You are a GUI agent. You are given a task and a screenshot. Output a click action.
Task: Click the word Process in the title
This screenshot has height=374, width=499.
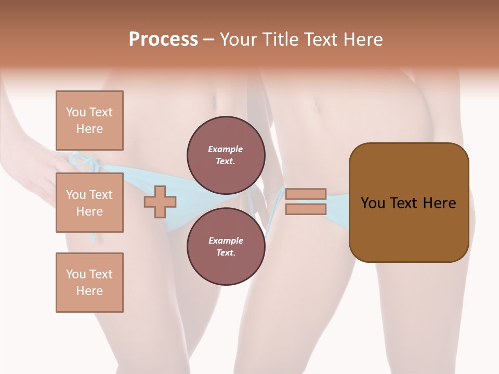pos(163,39)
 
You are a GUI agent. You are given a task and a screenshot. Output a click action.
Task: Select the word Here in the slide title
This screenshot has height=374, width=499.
pos(362,39)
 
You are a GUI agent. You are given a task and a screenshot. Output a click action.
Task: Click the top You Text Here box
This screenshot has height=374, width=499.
pos(89,121)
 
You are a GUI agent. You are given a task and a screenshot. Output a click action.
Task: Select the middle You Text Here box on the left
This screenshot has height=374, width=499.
pos(89,203)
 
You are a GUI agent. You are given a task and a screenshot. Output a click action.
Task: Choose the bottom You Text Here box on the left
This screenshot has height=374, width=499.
pos(89,283)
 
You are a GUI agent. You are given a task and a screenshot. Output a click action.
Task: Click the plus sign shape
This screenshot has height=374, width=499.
pos(160,202)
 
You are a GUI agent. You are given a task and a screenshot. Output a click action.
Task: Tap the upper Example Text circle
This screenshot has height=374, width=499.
pos(226,155)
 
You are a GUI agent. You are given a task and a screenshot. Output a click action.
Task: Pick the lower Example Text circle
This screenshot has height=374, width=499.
pos(226,247)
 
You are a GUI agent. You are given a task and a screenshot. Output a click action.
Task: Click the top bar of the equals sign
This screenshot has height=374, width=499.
pos(306,194)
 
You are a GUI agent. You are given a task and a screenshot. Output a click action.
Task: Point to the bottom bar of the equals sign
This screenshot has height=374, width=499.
pos(306,209)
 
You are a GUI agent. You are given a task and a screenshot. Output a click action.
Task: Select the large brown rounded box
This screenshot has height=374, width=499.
pos(409,203)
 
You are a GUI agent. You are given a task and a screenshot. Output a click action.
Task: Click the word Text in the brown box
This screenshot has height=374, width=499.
pos(406,203)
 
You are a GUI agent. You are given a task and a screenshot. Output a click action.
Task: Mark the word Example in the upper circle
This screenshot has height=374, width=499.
pos(226,150)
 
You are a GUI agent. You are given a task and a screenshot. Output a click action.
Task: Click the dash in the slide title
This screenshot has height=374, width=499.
pos(209,39)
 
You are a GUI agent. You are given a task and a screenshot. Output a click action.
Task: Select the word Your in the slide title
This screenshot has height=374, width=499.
pos(239,39)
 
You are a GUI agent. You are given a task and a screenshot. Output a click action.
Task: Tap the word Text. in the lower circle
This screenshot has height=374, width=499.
pos(226,253)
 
